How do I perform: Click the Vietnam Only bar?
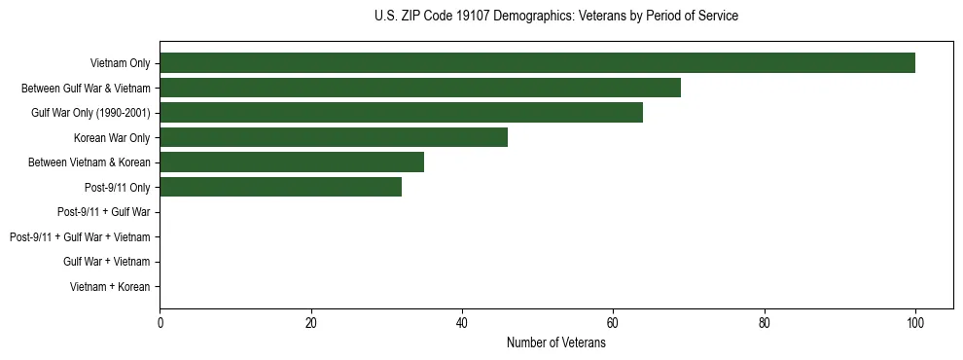click(537, 63)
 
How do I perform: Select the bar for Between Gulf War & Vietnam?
click(420, 89)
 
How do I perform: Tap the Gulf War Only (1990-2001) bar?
click(401, 113)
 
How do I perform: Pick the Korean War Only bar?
click(334, 138)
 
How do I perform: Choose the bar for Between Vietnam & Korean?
click(292, 162)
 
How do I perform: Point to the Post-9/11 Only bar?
click(280, 188)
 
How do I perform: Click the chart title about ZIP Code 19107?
click(556, 17)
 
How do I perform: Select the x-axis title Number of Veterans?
click(556, 342)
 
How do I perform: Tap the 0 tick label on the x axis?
click(160, 324)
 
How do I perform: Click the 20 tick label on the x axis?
click(311, 324)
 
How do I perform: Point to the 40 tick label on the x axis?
click(462, 324)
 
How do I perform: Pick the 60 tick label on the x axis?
click(613, 324)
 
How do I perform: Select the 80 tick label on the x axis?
click(765, 324)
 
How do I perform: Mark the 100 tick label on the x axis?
click(915, 324)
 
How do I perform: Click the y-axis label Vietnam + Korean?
click(110, 287)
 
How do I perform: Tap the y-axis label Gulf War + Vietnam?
click(106, 262)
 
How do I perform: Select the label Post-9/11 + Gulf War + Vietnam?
click(80, 237)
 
